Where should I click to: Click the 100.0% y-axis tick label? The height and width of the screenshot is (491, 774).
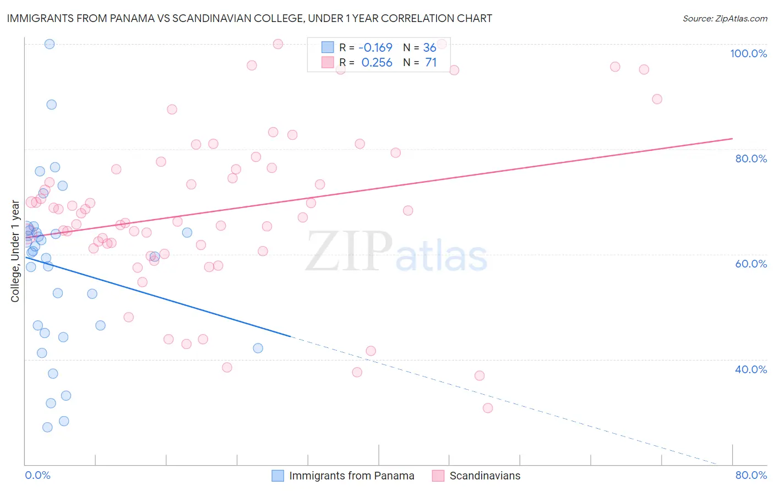(748, 53)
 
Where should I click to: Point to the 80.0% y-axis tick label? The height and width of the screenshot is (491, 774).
(751, 159)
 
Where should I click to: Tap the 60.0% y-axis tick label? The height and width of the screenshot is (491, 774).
(751, 264)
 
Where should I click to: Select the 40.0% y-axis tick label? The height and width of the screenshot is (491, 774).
(751, 369)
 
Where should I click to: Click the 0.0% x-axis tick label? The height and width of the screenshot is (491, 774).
(37, 475)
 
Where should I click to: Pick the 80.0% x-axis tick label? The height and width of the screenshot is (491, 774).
(751, 475)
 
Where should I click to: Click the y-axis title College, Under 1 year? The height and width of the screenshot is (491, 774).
(15, 251)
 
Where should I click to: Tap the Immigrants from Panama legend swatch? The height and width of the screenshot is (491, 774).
(278, 476)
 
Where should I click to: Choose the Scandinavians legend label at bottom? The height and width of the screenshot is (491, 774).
(484, 476)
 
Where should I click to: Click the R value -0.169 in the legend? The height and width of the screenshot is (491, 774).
(375, 48)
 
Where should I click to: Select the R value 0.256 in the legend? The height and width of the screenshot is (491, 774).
(377, 63)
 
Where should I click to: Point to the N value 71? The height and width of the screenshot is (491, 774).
(430, 63)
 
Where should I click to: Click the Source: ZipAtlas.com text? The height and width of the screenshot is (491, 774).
(724, 19)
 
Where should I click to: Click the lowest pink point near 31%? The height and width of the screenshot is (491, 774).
(488, 408)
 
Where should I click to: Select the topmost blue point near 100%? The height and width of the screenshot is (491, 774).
(50, 44)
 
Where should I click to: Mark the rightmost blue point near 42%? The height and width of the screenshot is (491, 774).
(258, 348)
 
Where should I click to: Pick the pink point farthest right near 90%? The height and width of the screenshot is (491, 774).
(657, 99)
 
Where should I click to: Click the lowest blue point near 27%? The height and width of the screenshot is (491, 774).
(47, 427)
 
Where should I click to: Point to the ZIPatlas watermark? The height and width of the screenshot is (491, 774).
(396, 252)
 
